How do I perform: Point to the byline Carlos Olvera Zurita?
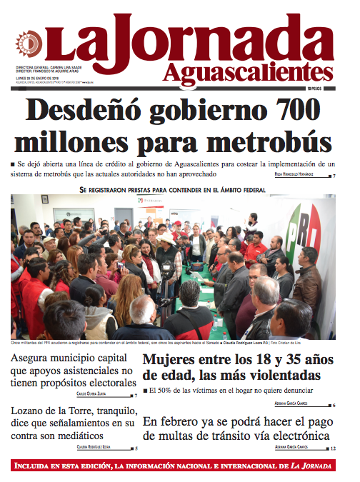click(x=96, y=394)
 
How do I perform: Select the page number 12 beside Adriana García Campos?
click(x=333, y=448)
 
